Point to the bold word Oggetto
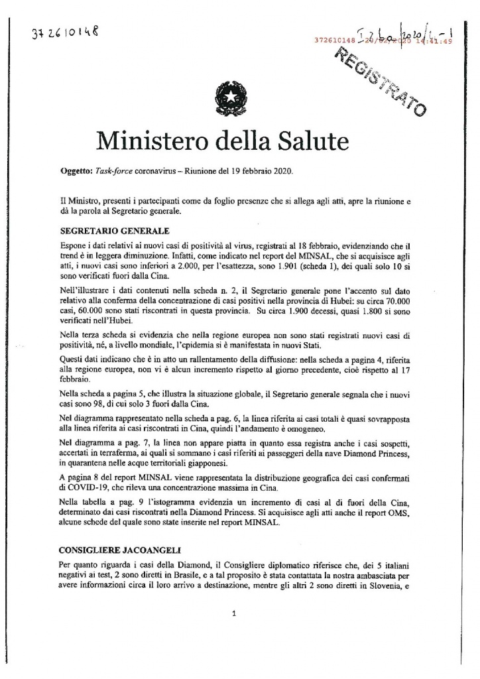pyautogui.click(x=74, y=170)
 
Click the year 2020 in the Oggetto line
pyautogui.click(x=291, y=170)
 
